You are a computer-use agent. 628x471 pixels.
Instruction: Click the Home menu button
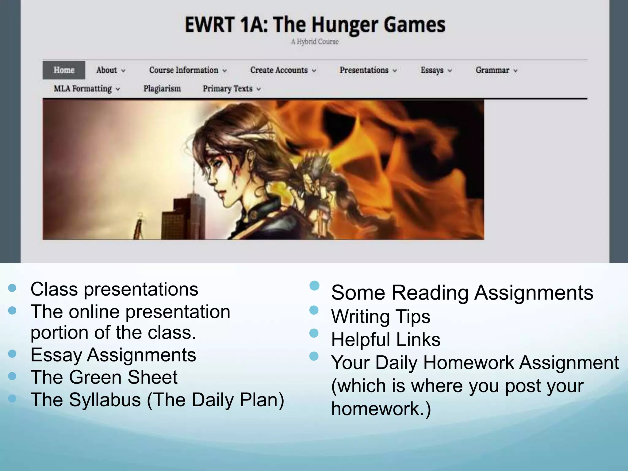click(64, 70)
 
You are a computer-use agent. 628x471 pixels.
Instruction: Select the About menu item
click(110, 70)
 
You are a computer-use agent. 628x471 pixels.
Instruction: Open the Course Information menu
click(187, 70)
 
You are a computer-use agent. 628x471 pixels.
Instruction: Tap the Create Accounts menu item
click(282, 70)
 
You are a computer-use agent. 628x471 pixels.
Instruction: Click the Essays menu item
click(436, 70)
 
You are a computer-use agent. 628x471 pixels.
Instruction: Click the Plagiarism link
click(162, 89)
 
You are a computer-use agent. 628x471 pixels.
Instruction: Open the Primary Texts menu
click(231, 89)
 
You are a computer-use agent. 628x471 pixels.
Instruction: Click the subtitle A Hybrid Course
click(315, 42)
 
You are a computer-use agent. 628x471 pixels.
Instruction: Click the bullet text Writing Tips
click(381, 316)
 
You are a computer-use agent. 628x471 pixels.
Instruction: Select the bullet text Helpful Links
click(385, 340)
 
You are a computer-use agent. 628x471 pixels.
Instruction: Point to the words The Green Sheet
click(104, 377)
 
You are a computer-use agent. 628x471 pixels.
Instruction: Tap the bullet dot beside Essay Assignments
click(12, 354)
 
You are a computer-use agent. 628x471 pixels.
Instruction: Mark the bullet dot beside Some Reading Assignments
click(314, 286)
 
